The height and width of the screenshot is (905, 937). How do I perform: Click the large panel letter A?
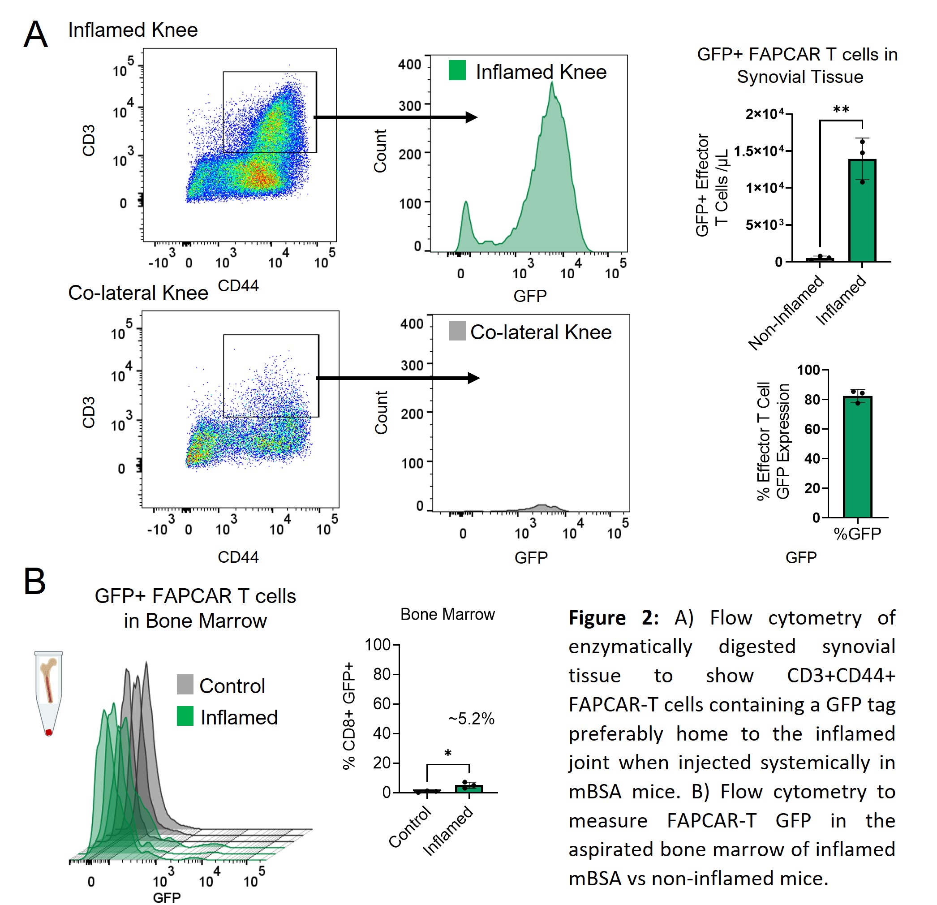(36, 34)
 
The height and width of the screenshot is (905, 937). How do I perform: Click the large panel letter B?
(35, 582)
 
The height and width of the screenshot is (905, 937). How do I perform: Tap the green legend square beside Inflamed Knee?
(457, 70)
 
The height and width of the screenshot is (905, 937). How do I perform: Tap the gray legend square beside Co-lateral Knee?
(457, 331)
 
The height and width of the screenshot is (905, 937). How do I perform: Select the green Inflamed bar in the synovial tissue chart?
(862, 211)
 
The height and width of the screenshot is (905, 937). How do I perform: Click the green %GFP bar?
(857, 457)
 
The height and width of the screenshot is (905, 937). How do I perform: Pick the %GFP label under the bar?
(857, 534)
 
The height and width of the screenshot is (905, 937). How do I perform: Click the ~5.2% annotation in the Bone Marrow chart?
(471, 719)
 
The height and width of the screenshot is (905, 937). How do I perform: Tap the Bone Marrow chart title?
(447, 614)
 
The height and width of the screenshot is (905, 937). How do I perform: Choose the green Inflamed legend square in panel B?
(185, 716)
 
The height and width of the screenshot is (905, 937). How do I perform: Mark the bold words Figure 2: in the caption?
(613, 618)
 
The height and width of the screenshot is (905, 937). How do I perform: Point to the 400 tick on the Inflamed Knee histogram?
(410, 65)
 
